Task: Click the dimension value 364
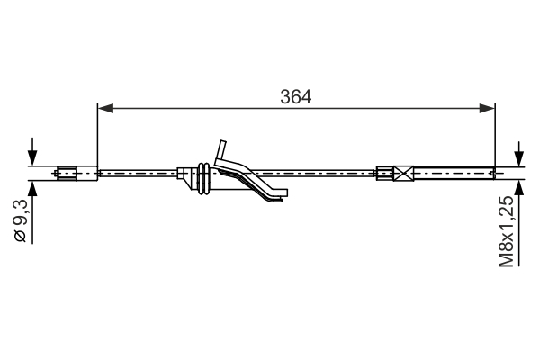[x=295, y=96]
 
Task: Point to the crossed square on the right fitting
[x=402, y=171]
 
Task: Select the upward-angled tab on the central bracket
[x=220, y=148]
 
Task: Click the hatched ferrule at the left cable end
[x=68, y=171]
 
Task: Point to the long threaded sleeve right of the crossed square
[x=454, y=171]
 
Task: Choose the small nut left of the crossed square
[x=383, y=171]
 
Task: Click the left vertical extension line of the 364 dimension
[x=97, y=135]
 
